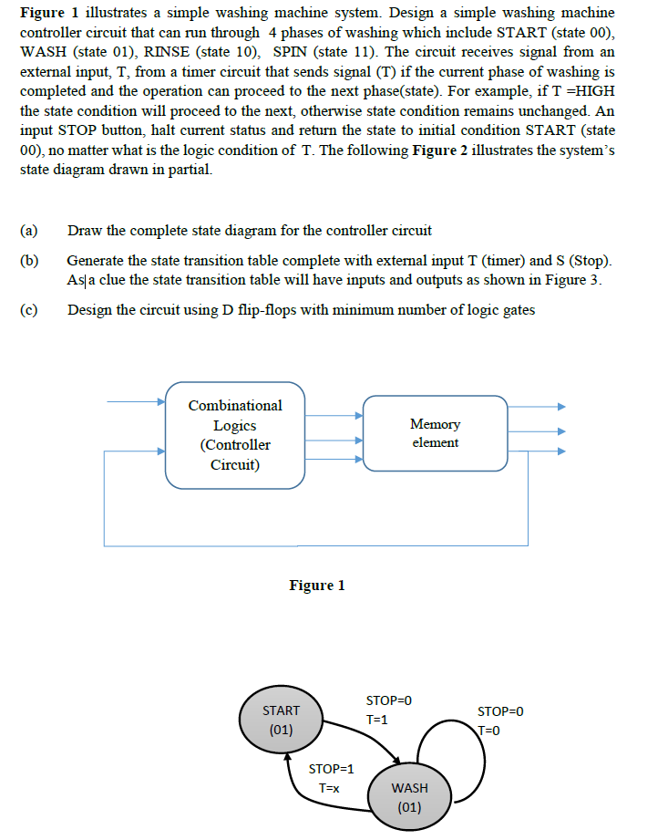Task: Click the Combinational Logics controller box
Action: point(234,435)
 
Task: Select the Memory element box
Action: point(435,433)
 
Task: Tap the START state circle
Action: point(281,720)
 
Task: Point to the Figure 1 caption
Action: point(316,586)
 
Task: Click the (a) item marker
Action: point(28,230)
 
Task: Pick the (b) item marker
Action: point(28,261)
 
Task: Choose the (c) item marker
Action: point(28,309)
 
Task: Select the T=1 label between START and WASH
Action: point(376,720)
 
